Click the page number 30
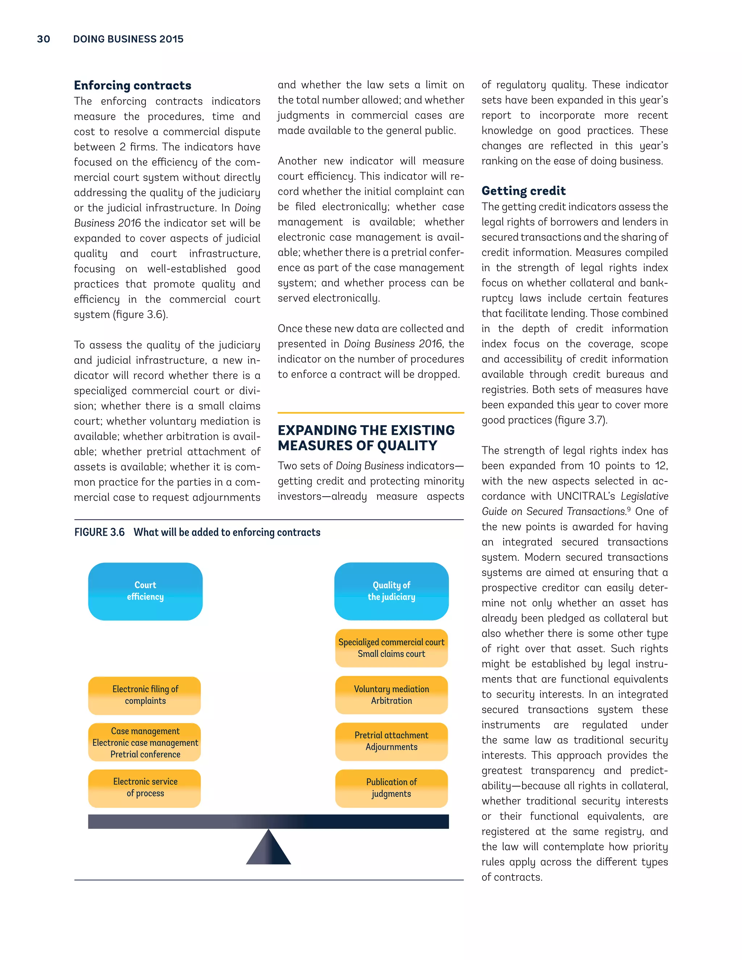43,39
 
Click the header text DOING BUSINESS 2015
128,39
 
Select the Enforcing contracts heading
132,85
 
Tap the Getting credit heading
523,191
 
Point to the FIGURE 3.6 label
99,532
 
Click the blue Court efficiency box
145,591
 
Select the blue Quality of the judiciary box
391,591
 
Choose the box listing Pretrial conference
145,742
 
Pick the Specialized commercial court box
391,648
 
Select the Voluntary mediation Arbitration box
391,695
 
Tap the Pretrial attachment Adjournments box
391,741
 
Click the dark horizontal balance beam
268,821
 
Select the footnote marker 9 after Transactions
629,509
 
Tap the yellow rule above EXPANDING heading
371,413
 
